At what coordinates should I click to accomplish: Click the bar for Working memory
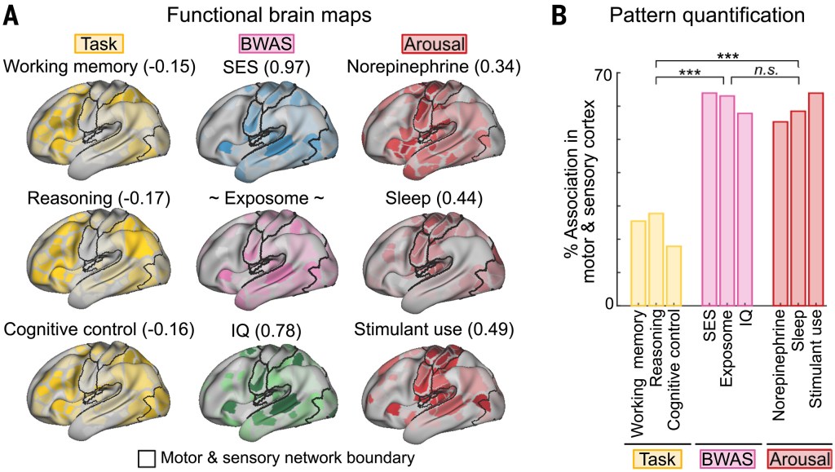click(638, 263)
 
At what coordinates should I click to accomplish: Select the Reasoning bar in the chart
click(656, 260)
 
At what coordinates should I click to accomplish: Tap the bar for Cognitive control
click(674, 276)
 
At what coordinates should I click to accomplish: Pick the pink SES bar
click(709, 200)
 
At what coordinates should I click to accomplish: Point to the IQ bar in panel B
click(744, 210)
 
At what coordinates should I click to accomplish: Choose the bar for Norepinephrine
click(780, 214)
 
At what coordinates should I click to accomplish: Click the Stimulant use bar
click(815, 200)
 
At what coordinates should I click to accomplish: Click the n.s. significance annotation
click(766, 70)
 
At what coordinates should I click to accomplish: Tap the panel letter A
click(11, 15)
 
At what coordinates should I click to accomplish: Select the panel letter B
click(559, 15)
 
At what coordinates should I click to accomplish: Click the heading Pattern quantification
click(707, 15)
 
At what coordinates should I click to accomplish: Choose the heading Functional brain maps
click(269, 15)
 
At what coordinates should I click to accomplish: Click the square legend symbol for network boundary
click(147, 459)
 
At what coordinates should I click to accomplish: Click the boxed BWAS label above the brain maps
click(267, 44)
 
